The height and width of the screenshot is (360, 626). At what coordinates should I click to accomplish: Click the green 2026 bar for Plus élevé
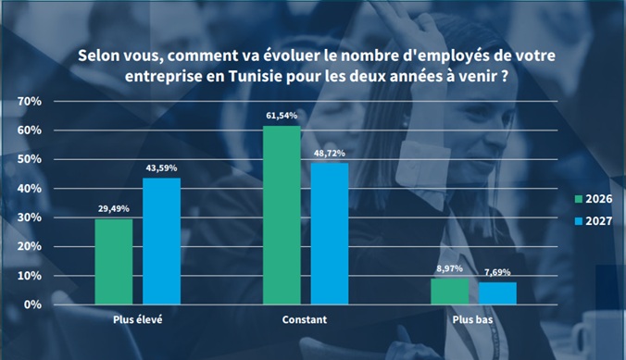point(114,262)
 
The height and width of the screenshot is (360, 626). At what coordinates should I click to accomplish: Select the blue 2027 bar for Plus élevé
point(162,241)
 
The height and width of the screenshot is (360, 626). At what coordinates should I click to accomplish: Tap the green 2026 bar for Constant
point(282,215)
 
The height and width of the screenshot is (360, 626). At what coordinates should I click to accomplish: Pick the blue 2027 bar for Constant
point(330,234)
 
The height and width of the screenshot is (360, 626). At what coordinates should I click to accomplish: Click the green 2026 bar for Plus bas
point(450,292)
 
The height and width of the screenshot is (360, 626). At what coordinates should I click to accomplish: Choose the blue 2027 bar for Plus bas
point(498,293)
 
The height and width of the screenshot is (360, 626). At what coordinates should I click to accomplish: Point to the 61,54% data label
point(282,116)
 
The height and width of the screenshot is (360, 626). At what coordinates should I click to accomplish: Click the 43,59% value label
point(161,168)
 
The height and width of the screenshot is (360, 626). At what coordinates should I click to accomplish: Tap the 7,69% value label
point(497,272)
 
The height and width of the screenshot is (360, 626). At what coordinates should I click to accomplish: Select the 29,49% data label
point(114,209)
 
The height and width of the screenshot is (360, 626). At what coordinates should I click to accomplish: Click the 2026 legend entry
point(594,199)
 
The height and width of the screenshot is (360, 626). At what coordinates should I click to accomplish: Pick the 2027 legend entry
point(594,221)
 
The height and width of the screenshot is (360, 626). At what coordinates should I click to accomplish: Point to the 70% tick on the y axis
point(29,102)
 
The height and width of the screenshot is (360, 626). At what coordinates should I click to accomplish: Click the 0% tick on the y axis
point(32,304)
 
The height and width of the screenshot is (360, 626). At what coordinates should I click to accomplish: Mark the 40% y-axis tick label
point(29,189)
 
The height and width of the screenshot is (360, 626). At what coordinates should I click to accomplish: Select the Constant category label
point(305,319)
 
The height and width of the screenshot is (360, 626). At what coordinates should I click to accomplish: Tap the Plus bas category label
point(472,319)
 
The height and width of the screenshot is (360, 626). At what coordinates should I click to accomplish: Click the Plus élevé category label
point(138,319)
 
